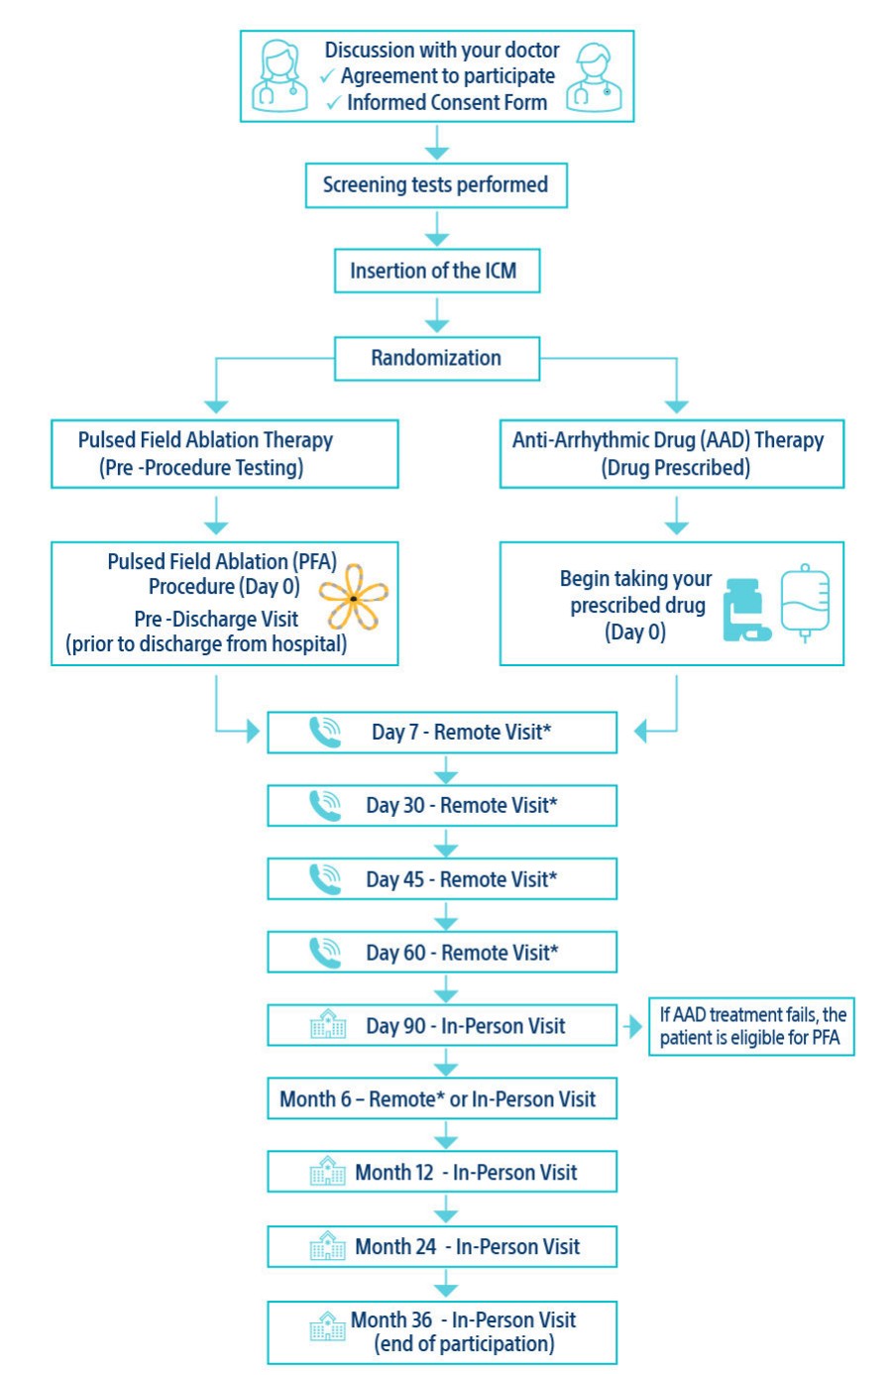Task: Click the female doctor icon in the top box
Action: click(x=279, y=75)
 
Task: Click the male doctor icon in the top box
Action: click(x=594, y=76)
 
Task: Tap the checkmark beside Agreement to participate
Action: click(x=328, y=76)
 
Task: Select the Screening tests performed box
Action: click(x=436, y=185)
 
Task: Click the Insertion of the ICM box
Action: click(x=436, y=271)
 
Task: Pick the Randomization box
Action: click(x=436, y=358)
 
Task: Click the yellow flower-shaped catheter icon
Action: click(x=353, y=598)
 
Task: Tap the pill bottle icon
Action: click(x=744, y=609)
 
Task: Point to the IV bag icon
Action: click(x=804, y=601)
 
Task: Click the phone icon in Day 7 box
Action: click(x=324, y=733)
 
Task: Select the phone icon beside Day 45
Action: click(x=324, y=879)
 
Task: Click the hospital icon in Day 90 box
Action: click(x=327, y=1025)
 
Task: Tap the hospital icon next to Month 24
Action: click(x=327, y=1245)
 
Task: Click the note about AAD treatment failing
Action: click(x=751, y=1026)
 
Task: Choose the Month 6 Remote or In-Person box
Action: click(x=437, y=1098)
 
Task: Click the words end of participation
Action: click(x=464, y=1344)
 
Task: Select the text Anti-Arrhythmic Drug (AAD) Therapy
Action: click(x=667, y=440)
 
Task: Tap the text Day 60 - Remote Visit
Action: click(x=462, y=953)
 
